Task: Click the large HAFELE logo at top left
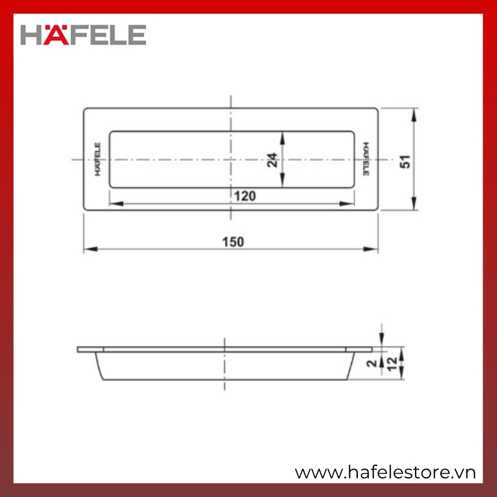click(83, 35)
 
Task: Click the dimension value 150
click(234, 242)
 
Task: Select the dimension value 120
click(245, 196)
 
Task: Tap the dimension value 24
click(272, 160)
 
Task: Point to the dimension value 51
click(405, 162)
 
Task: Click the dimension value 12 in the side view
click(392, 364)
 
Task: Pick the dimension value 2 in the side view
click(372, 363)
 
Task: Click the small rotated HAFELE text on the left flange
click(98, 159)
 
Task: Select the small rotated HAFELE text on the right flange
click(366, 159)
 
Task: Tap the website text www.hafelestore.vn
click(385, 472)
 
